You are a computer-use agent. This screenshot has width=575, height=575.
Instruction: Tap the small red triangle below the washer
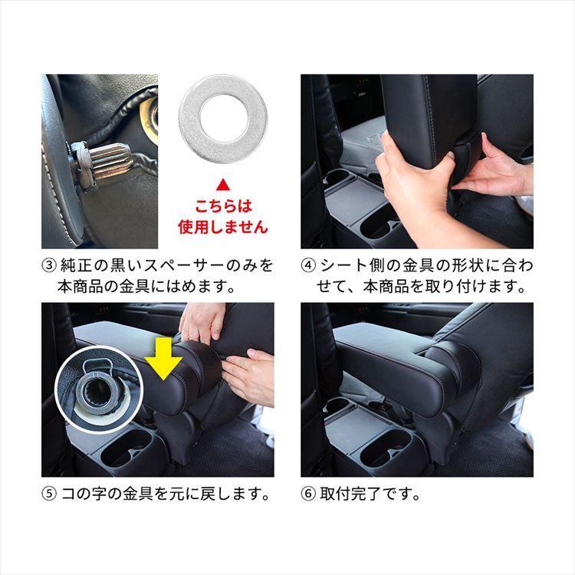[222, 185]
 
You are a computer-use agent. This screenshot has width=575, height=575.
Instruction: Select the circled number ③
[49, 265]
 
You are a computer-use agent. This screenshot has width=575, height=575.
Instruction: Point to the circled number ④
[308, 265]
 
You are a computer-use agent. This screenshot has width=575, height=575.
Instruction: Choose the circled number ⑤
[49, 494]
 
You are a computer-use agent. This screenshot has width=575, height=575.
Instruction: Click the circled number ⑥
[308, 494]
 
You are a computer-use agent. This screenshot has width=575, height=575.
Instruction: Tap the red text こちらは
[223, 206]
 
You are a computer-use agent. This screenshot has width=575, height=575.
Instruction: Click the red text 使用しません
[223, 227]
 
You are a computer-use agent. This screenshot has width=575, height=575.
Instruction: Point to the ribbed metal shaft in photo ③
[110, 161]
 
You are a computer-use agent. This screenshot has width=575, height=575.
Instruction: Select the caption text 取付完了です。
[370, 494]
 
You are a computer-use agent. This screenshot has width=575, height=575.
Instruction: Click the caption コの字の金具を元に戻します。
[166, 494]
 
